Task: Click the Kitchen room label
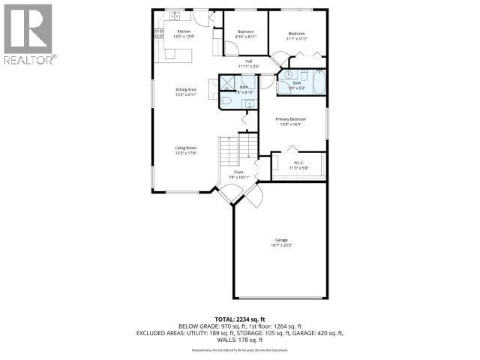[x=174, y=31]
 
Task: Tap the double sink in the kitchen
[x=173, y=16]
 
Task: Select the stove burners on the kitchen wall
[x=158, y=32]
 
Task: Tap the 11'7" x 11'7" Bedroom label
[x=297, y=33]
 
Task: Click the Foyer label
[x=238, y=172]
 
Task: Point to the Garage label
[x=280, y=240]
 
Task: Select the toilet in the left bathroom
[x=225, y=100]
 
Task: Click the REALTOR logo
[x=28, y=34]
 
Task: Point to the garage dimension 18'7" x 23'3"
[x=280, y=245]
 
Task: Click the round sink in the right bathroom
[x=286, y=75]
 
